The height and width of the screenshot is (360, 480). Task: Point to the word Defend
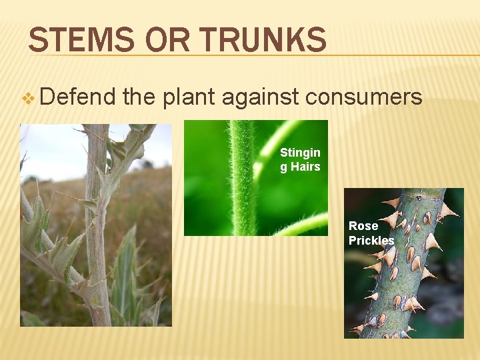point(77,97)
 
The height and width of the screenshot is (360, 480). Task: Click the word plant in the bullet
point(189,98)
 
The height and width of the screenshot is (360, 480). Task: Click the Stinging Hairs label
point(300,159)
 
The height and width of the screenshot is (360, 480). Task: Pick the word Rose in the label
point(363,226)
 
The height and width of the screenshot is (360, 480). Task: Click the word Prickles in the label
point(371,240)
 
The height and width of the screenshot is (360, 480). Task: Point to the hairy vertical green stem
point(241,180)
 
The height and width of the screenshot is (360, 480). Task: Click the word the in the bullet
point(139,98)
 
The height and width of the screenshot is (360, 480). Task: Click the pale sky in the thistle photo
point(53,147)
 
